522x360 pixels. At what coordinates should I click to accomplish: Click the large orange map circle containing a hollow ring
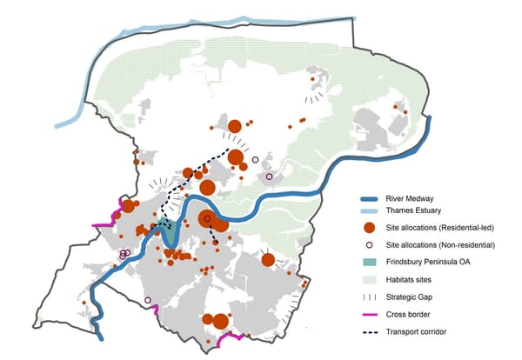tap(207, 219)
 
